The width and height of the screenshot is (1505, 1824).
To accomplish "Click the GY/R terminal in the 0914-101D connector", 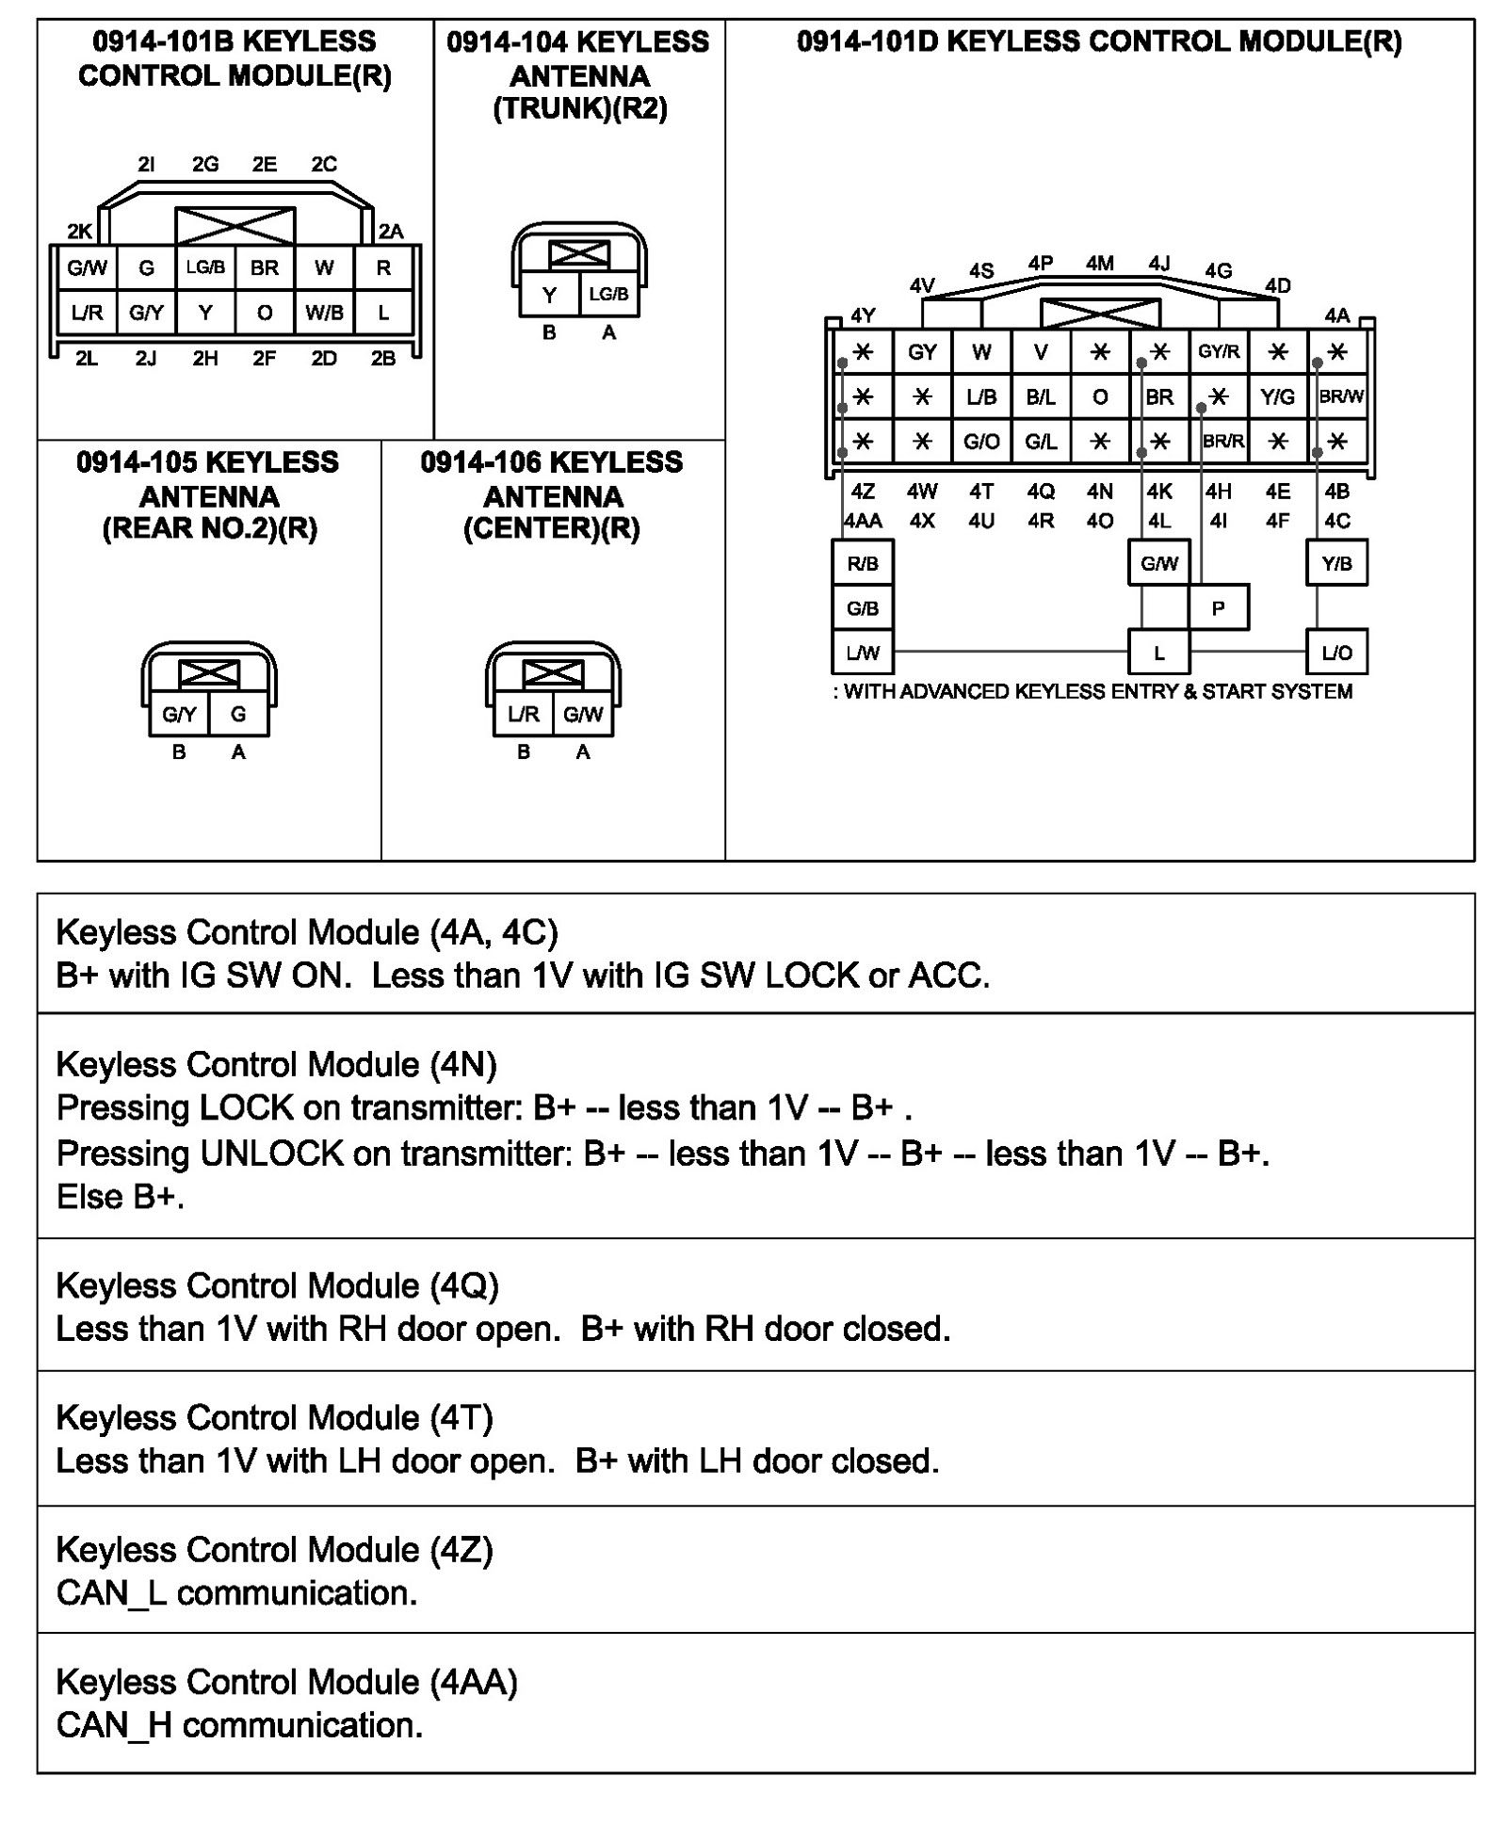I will click(1218, 351).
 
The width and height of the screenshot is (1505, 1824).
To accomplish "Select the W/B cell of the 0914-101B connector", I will click(324, 313).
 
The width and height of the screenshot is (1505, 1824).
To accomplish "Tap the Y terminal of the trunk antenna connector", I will click(550, 295).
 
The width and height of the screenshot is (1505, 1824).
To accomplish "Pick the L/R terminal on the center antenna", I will click(524, 715).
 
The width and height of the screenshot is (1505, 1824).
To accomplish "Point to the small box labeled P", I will click(1218, 608).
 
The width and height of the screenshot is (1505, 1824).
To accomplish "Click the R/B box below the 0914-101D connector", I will click(863, 563).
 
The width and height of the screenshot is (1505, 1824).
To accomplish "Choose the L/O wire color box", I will click(1336, 653).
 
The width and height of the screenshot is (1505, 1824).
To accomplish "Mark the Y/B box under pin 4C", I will click(1336, 563).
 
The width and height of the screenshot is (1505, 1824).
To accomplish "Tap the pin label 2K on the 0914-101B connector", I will click(80, 231).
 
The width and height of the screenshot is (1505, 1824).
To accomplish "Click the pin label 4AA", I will click(863, 521).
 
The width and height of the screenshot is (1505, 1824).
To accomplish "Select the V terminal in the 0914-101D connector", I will click(1041, 351).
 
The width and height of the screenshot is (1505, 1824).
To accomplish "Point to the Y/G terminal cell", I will click(1277, 396).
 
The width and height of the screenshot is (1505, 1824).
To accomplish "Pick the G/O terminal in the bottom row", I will click(981, 441).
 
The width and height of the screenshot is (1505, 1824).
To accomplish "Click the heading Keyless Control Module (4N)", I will click(276, 1064).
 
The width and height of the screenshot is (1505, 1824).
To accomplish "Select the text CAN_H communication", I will click(239, 1725).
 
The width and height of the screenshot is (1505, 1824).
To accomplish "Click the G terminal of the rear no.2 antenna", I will click(238, 715).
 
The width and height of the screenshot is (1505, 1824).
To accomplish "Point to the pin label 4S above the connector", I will click(981, 270).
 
